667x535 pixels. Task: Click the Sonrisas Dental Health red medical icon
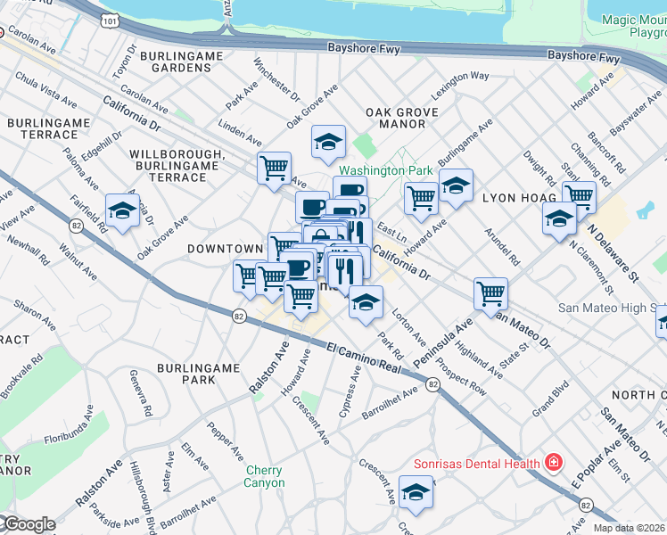pyautogui.click(x=554, y=463)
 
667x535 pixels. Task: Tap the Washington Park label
pyautogui.click(x=385, y=169)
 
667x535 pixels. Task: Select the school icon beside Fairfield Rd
pyautogui.click(x=122, y=211)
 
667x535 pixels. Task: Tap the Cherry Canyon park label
pyautogui.click(x=265, y=476)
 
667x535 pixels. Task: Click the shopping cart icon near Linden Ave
pyautogui.click(x=275, y=168)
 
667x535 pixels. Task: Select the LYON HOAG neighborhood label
pyautogui.click(x=519, y=196)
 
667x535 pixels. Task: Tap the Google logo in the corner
pyautogui.click(x=29, y=524)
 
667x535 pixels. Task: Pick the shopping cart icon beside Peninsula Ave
pyautogui.click(x=490, y=292)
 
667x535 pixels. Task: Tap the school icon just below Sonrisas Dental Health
pyautogui.click(x=416, y=491)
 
